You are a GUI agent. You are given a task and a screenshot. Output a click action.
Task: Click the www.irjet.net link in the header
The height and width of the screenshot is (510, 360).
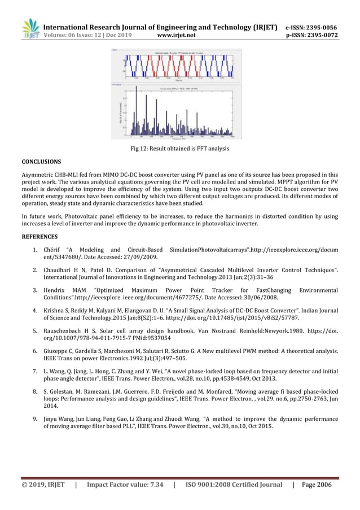177,35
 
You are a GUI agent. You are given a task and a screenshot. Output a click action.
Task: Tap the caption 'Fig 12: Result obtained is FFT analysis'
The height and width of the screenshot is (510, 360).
179,149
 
